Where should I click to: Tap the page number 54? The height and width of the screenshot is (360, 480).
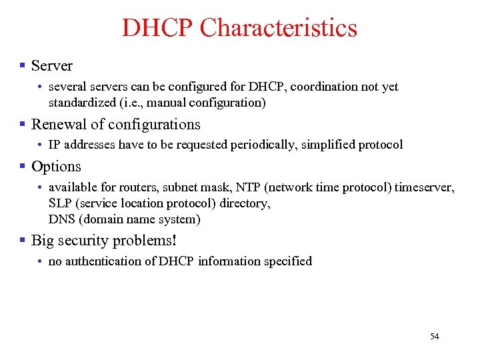(x=435, y=336)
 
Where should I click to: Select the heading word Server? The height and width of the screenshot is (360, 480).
(x=52, y=65)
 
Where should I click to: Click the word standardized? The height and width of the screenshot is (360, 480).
(x=82, y=103)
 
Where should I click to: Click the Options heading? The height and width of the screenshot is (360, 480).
(x=56, y=167)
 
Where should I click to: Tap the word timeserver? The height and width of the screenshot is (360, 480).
(x=424, y=187)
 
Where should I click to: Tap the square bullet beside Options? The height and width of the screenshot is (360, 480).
(x=23, y=166)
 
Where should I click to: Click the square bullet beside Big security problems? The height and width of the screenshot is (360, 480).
(x=23, y=240)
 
